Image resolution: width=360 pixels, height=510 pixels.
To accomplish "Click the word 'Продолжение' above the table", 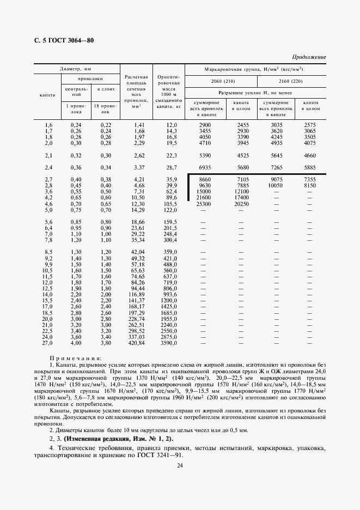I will click(309, 57).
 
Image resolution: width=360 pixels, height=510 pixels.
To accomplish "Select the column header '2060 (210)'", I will click(221, 81).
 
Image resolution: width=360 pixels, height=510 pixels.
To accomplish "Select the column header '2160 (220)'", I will click(291, 81).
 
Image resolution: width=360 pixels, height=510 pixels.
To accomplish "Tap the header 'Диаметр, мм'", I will click(75, 69).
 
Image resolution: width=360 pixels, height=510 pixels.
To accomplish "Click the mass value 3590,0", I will click(169, 344).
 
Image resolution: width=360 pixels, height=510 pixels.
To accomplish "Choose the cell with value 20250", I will click(240, 203).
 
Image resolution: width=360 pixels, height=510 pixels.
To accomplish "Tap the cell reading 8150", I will click(310, 185).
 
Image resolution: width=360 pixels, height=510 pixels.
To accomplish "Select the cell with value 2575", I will click(310, 125).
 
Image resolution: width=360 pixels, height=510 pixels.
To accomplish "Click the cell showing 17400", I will click(240, 197).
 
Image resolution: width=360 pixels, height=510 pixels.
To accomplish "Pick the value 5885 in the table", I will click(310, 167).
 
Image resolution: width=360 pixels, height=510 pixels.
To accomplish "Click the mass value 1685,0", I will click(169, 314).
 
